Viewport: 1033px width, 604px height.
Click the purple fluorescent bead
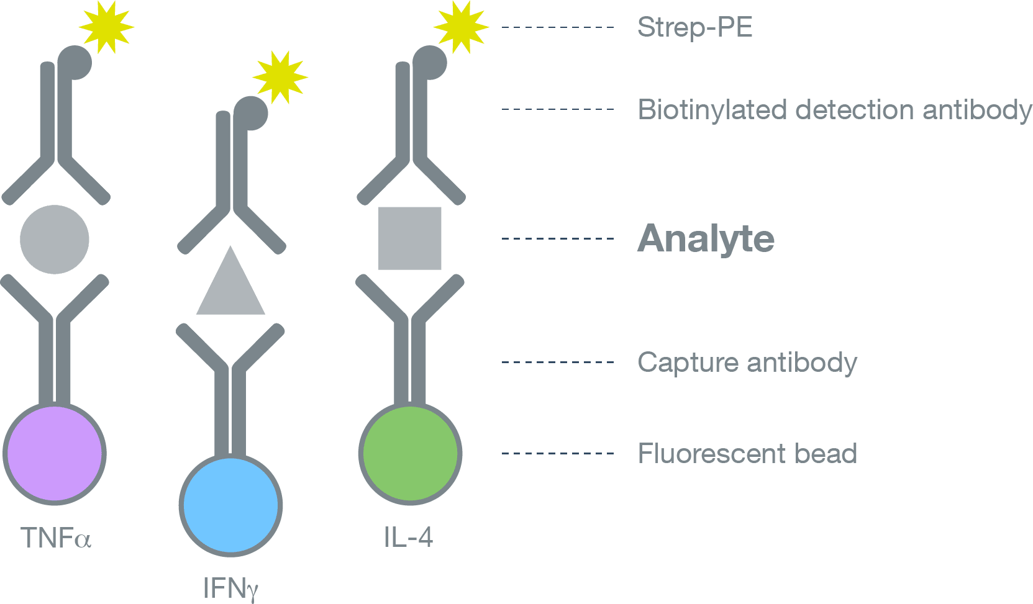coord(55,454)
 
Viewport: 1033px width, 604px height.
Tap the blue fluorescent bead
coord(230,505)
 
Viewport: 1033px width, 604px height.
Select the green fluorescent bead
coord(410,454)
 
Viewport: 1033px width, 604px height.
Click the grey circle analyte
coord(55,240)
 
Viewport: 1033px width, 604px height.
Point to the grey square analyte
coord(410,238)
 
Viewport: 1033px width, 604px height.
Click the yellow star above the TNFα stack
coord(106,27)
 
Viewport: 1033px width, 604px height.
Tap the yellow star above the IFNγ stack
coord(280,78)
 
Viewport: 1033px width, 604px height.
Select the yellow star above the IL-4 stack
coord(461,27)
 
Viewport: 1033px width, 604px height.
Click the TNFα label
coord(56,538)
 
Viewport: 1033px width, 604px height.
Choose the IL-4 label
coord(408,538)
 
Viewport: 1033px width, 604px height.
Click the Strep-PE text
coord(695,27)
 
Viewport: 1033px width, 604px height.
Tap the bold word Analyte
coord(706,239)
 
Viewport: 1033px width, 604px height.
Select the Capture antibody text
coord(747,363)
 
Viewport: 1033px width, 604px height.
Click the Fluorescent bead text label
coord(747,454)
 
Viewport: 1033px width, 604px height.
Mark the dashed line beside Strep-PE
coord(557,27)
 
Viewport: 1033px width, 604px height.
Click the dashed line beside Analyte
coord(557,238)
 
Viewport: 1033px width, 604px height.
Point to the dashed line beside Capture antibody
coord(557,362)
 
